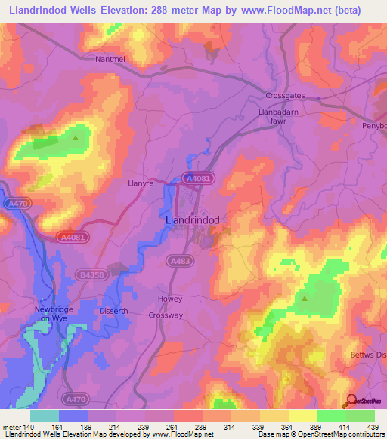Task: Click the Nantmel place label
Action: pos(110,58)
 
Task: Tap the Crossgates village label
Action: pos(283,96)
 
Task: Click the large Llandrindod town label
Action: pos(193,219)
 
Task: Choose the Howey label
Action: pos(170,299)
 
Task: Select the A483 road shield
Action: pos(178,260)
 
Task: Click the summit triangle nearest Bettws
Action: pos(305,299)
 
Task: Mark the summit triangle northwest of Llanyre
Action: pos(76,137)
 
